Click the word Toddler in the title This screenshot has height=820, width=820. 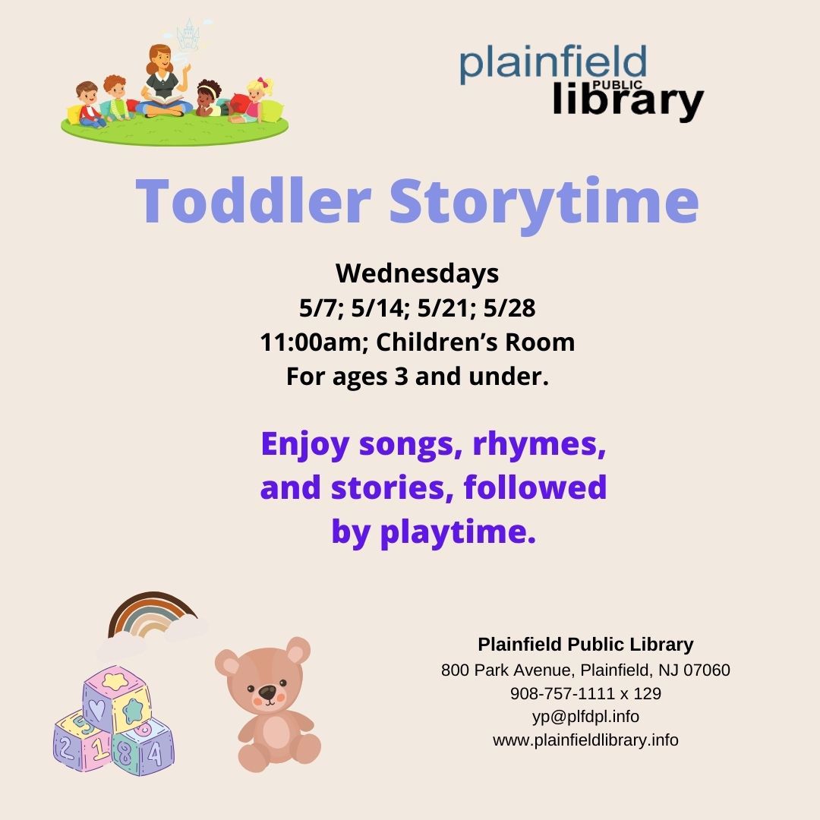point(254,200)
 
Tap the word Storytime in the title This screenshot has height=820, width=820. point(544,204)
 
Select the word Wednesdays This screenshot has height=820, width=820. point(417,273)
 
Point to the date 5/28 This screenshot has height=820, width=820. point(509,307)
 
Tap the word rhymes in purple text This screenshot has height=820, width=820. point(539,445)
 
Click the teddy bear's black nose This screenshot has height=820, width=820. point(267,692)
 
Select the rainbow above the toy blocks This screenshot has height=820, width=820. point(152,601)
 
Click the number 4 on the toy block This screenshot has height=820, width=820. point(156,754)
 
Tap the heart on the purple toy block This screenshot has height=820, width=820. point(96,709)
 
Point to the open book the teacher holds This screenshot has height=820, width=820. point(166,99)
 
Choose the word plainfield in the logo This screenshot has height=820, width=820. point(553,64)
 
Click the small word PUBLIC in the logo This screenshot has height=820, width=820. point(617,85)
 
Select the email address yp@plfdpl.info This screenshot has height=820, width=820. point(585,717)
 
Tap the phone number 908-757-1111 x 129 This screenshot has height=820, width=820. point(585,693)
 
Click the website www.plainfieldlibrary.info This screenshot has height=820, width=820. point(585,740)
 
